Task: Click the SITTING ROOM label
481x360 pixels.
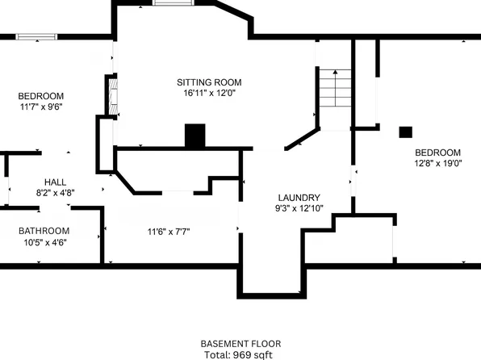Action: (209, 82)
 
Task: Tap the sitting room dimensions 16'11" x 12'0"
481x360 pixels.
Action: (209, 93)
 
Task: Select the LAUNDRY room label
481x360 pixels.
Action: (299, 198)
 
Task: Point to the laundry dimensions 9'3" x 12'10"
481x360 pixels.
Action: (299, 208)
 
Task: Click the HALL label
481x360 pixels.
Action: (55, 182)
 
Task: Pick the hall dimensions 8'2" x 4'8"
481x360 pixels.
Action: (55, 193)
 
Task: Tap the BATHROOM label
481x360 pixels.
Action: (44, 231)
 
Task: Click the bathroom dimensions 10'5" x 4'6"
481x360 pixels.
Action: (44, 242)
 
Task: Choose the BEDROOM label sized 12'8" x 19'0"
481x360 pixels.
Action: (437, 153)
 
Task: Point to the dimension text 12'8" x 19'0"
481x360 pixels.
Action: (437, 163)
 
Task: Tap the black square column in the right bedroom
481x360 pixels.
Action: (406, 132)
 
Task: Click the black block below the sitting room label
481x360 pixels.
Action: (194, 136)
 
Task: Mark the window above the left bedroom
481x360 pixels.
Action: (36, 36)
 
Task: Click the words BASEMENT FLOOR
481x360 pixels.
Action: (240, 343)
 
